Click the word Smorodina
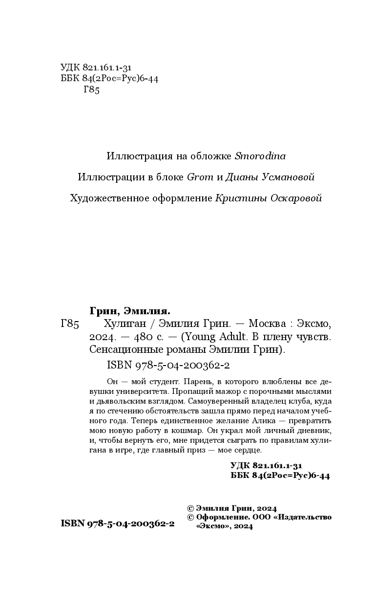pyautogui.click(x=260, y=156)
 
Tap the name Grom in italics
pyautogui.click(x=200, y=177)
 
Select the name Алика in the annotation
pyautogui.click(x=268, y=421)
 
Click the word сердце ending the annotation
pyautogui.click(x=248, y=451)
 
